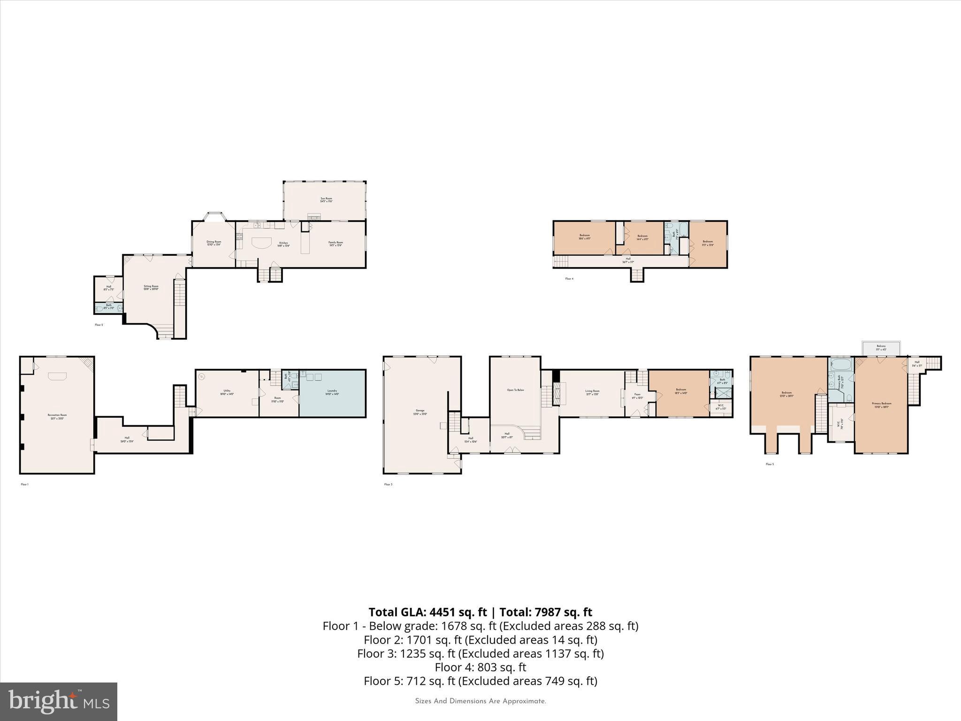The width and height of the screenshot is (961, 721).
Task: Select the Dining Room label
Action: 214,243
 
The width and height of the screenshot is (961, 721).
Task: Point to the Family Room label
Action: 336,244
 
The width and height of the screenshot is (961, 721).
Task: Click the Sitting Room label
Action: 151,287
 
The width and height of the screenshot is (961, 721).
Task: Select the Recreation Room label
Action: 57,416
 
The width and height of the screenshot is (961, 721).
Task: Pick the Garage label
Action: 420,412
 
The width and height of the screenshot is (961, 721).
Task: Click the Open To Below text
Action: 515,390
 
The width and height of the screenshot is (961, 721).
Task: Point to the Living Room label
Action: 592,392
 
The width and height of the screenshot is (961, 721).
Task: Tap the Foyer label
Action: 637,396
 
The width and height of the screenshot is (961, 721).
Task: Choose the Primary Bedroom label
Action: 882,405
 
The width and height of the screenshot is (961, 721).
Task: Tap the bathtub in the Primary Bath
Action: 840,364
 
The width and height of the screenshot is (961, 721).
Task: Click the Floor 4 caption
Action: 569,279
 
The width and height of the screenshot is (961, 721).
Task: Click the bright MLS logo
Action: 59,701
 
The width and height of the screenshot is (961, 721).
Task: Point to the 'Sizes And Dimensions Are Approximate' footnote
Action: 480,701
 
